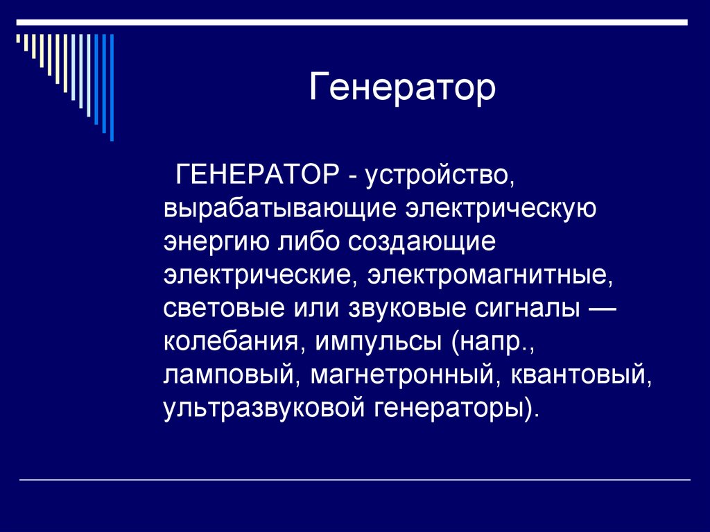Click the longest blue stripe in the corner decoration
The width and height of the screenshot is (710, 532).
(x=112, y=87)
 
